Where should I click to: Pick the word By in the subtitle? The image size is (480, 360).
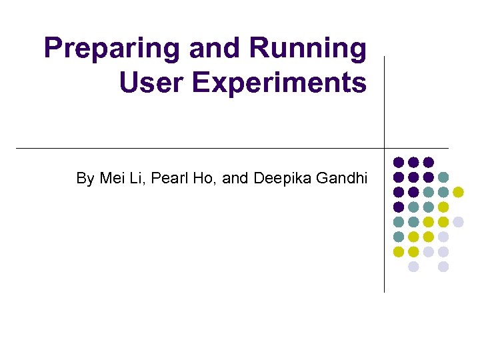[85, 178]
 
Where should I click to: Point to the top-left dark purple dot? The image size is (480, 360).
[399, 162]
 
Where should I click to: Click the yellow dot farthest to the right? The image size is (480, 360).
[458, 192]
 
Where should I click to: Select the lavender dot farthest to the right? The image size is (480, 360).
[458, 221]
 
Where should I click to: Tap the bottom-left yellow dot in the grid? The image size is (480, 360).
[399, 252]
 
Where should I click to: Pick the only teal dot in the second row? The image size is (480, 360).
[443, 177]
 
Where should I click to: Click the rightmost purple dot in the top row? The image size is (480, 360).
[429, 162]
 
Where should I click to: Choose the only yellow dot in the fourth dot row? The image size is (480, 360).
[443, 207]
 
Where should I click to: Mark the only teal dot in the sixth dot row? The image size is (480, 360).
[399, 237]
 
